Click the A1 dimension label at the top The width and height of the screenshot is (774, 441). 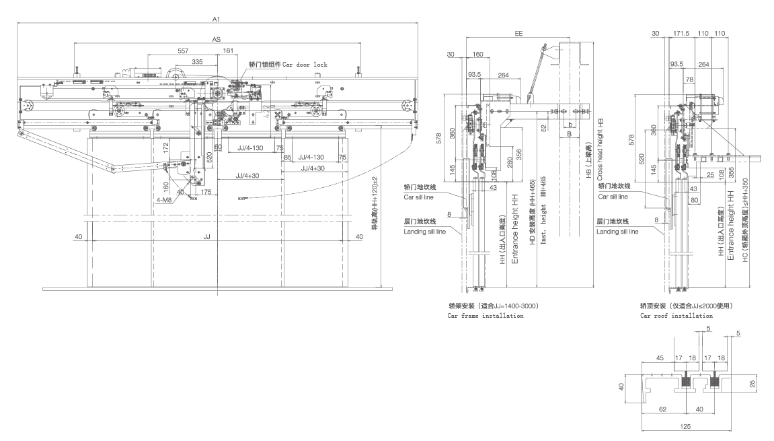[x=216, y=20]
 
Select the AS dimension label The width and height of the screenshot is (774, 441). [x=217, y=40]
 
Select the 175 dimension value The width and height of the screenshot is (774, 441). [x=206, y=192]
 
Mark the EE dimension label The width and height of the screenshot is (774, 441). [x=518, y=33]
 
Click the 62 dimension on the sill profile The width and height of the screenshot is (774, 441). [x=663, y=409]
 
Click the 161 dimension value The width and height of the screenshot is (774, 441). [x=228, y=51]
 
